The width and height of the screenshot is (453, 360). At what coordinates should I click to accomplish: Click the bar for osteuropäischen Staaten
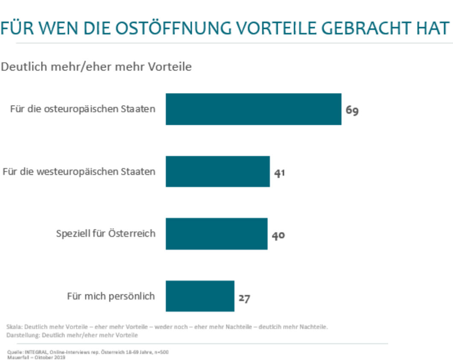(x=253, y=109)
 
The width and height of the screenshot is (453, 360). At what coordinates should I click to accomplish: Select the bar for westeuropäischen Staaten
(x=218, y=171)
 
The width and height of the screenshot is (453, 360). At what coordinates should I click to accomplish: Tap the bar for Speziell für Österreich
(x=216, y=234)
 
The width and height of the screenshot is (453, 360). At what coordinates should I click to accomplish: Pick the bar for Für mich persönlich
(x=200, y=296)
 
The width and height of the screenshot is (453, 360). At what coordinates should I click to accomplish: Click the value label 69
(x=352, y=111)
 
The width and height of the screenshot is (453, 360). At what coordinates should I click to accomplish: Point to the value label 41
(x=280, y=173)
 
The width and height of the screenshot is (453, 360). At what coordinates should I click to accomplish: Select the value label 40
(x=278, y=235)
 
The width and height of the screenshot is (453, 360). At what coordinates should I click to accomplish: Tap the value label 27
(x=244, y=298)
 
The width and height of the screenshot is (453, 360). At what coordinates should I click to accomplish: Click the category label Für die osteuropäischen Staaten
(x=83, y=109)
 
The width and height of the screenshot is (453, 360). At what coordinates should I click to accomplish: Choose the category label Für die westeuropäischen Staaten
(x=79, y=172)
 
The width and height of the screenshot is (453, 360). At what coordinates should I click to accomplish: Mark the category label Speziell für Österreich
(x=106, y=234)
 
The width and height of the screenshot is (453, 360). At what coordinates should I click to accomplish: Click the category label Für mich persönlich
(x=111, y=296)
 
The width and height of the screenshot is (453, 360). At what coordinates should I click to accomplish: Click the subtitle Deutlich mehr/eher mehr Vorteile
(x=96, y=67)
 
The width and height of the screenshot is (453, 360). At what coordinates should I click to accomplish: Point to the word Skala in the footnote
(x=15, y=327)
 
